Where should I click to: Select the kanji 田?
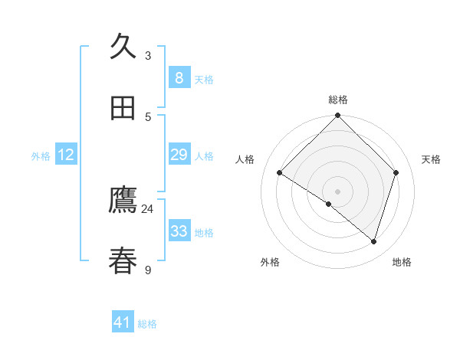click(x=123, y=108)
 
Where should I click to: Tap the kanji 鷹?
click(x=123, y=201)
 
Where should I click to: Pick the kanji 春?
click(x=123, y=261)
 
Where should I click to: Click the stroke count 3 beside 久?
click(x=148, y=56)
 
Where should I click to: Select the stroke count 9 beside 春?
click(x=148, y=270)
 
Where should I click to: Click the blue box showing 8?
click(x=179, y=77)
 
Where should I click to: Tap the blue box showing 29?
click(x=179, y=154)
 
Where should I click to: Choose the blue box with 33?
click(x=179, y=231)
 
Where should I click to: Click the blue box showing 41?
click(x=123, y=322)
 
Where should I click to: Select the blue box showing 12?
click(x=66, y=155)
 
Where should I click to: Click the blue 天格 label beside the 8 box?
click(x=204, y=79)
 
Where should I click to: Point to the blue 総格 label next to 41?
click(x=147, y=324)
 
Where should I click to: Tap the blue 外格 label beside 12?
click(x=41, y=156)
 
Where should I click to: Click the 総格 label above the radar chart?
click(x=338, y=100)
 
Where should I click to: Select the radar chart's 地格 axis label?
click(x=402, y=262)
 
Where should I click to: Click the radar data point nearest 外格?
click(x=329, y=204)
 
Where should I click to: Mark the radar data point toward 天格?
click(x=396, y=172)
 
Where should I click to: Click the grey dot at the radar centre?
click(x=338, y=191)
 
